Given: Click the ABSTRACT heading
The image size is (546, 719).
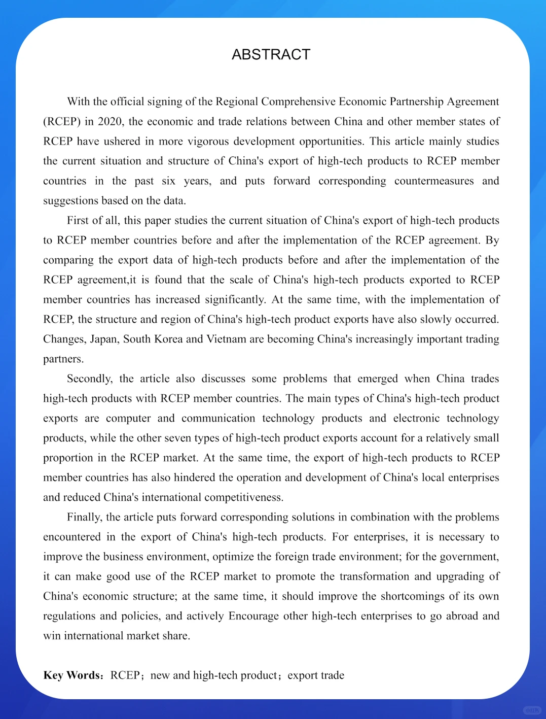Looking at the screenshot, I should click(x=271, y=54).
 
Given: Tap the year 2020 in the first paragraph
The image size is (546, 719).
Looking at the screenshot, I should click(x=110, y=121).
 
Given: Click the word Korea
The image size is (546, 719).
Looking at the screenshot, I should click(x=168, y=339).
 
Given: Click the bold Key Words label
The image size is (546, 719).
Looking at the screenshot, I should click(x=72, y=675).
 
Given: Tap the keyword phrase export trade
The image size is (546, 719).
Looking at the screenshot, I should click(x=316, y=675).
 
